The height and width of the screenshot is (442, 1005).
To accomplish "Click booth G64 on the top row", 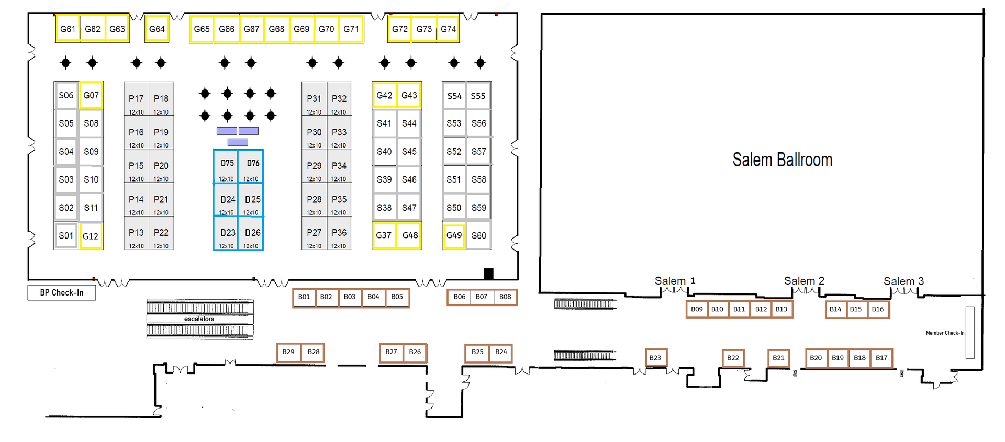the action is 157,29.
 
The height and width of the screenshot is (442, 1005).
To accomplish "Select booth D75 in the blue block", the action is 226,166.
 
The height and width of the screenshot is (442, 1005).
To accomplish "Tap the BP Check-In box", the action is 62,292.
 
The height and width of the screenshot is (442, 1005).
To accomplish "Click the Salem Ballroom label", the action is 782,160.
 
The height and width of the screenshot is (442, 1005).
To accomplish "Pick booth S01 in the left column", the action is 66,235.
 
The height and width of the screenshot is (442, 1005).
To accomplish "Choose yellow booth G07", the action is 91,95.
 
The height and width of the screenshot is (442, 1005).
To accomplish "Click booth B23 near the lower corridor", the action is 655,358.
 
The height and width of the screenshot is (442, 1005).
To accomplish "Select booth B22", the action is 733,358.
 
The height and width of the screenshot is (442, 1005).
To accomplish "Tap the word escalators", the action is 199,319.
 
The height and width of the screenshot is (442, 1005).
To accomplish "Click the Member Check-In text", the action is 945,333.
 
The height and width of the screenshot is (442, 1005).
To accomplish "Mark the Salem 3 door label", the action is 903,281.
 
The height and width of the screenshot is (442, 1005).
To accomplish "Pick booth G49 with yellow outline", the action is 454,235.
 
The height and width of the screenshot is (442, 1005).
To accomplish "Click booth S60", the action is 478,235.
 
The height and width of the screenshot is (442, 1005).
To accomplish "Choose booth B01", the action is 304,297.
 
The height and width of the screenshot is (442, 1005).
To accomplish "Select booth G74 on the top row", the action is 448,29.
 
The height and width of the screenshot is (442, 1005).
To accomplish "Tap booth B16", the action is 878,309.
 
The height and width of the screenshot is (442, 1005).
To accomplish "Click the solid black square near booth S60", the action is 488,274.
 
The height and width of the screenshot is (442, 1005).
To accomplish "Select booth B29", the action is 288,352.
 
